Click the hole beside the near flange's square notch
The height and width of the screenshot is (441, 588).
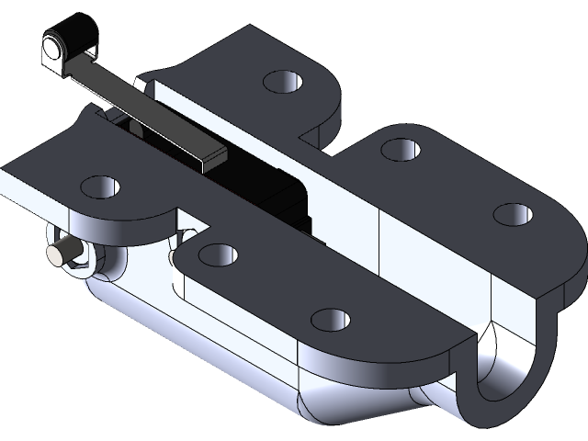pyautogui.click(x=218, y=253)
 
